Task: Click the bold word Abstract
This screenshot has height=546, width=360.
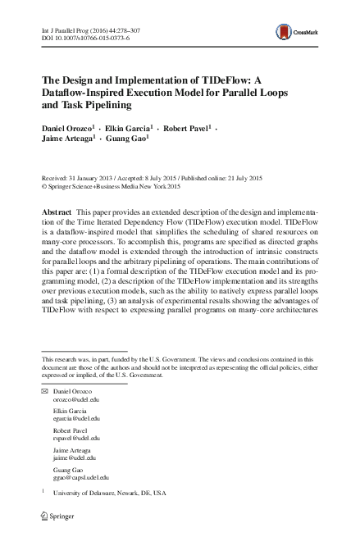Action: [x=58, y=212]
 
